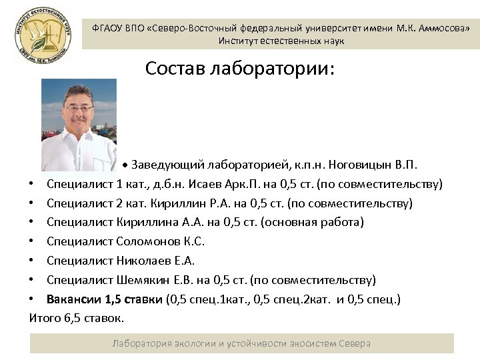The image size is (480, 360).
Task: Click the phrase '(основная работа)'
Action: point(319,222)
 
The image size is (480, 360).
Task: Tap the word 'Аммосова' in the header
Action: point(445,28)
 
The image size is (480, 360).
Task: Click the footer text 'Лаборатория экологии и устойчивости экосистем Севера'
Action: point(241,343)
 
